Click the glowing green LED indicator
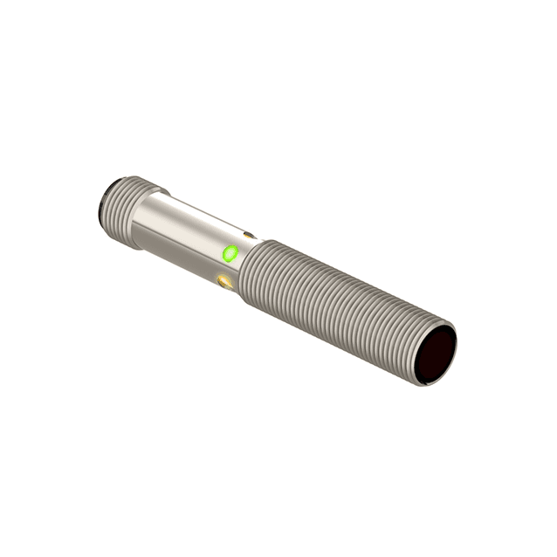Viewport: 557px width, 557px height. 230,254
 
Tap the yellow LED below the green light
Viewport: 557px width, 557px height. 225,281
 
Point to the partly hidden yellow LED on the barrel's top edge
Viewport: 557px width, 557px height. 250,234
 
